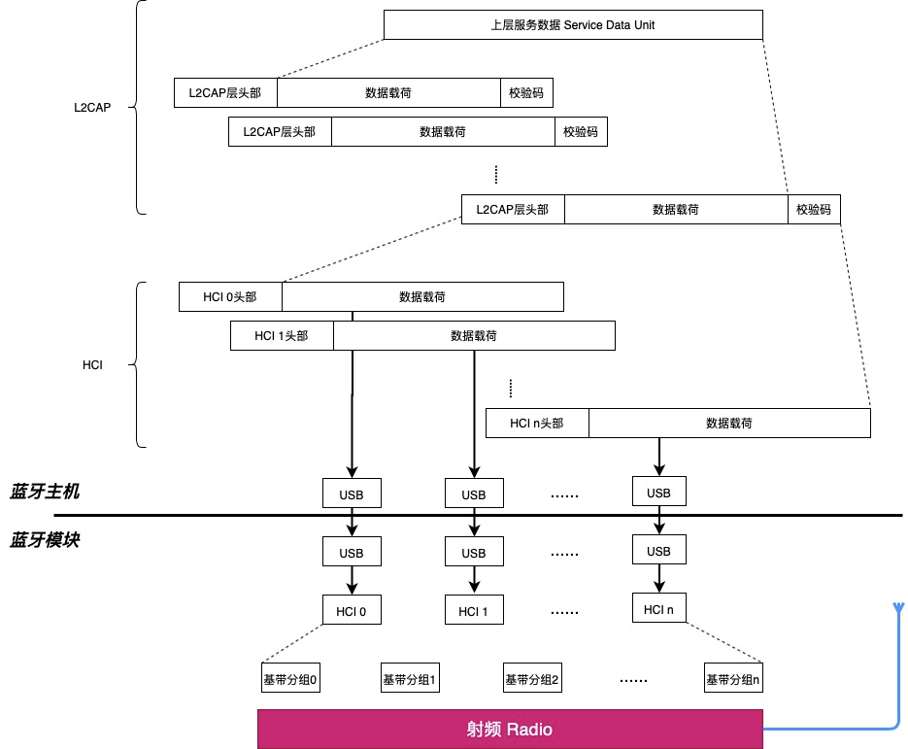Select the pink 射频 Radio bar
point(511,729)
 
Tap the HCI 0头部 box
point(230,296)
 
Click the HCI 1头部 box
point(282,335)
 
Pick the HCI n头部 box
point(537,423)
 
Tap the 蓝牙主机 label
point(45,492)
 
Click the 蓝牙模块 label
point(45,540)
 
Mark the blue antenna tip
point(894,607)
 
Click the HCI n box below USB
point(657,609)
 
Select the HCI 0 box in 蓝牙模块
point(352,611)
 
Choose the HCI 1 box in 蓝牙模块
point(473,611)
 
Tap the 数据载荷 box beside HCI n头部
point(729,423)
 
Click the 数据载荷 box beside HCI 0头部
point(422,296)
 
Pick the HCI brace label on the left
point(93,365)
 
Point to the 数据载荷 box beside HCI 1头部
point(474,335)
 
